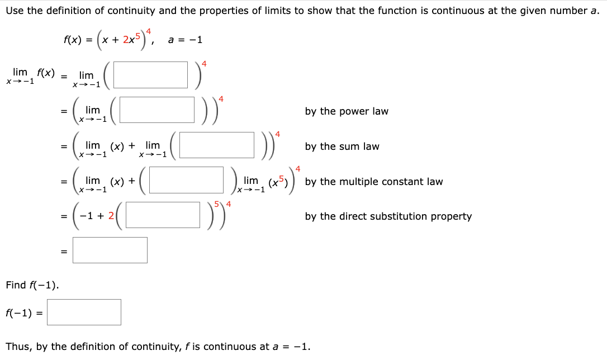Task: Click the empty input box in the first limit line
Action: coord(151,75)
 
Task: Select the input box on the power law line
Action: coord(157,110)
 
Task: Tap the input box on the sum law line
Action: coord(217,145)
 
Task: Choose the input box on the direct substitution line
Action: coord(163,215)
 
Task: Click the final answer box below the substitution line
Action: coord(110,250)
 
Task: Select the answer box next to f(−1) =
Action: coord(84,312)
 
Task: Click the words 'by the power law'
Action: coord(347,111)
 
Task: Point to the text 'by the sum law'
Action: coord(342,146)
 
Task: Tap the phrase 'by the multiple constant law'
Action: coord(374,182)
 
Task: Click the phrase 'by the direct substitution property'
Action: coord(388,216)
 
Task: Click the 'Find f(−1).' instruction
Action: coord(32,285)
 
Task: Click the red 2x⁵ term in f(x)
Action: coord(132,40)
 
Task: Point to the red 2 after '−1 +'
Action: coord(111,216)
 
